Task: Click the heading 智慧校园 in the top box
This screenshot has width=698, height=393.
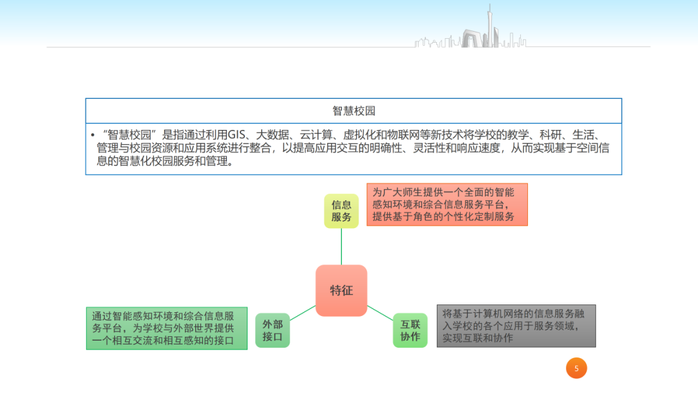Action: (354, 111)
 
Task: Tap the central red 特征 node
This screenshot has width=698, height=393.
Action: (341, 290)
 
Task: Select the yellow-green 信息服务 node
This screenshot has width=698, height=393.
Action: (341, 211)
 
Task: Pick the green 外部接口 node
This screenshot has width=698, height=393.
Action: (272, 330)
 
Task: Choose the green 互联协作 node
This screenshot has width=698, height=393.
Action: (410, 330)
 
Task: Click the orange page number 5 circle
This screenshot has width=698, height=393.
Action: (576, 368)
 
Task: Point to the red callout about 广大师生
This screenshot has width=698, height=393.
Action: (447, 204)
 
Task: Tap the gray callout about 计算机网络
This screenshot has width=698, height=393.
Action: (516, 326)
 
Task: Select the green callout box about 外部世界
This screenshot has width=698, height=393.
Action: (167, 328)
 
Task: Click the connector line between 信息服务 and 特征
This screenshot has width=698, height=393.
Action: (341, 246)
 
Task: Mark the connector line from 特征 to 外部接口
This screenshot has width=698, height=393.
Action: (302, 313)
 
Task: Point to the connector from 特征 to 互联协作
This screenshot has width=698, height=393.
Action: (381, 312)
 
